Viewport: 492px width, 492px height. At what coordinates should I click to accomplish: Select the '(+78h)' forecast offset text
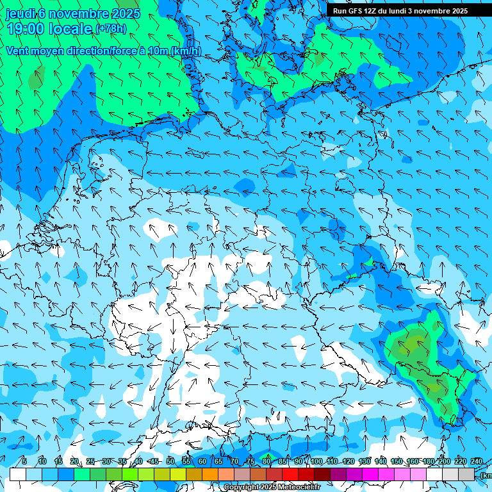coord(111,28)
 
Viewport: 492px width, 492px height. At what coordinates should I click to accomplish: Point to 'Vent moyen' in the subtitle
coord(32,51)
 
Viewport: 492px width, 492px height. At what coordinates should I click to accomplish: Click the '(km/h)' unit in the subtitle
coord(185,51)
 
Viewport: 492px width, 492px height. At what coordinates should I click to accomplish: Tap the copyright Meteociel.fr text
coord(272,488)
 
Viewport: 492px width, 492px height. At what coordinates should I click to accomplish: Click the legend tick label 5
coord(24,461)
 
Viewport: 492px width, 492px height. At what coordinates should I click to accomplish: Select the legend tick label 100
coord(316,461)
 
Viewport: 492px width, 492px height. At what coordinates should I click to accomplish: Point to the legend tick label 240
coord(477,461)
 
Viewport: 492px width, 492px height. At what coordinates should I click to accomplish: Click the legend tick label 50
coord(170,461)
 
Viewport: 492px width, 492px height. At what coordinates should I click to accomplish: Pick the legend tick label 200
coord(444,461)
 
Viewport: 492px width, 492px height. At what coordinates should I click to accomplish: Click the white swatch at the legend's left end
coord(18,474)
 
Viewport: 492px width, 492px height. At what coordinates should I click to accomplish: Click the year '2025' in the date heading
coord(126,13)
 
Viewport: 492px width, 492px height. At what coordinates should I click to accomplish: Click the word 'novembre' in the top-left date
coord(78,13)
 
